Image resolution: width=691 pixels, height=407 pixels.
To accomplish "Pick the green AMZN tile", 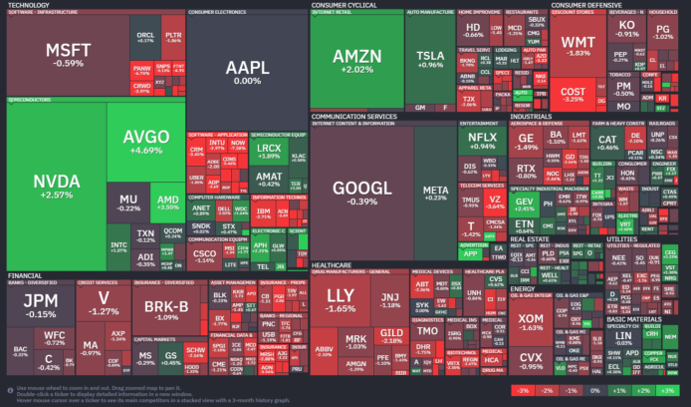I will [355, 61].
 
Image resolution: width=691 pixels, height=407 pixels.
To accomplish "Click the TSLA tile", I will [429, 59].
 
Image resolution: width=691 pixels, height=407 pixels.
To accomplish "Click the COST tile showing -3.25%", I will [574, 94].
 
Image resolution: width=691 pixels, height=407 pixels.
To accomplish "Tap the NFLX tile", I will [481, 139].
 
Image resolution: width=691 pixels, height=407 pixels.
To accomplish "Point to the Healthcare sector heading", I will [332, 264].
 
